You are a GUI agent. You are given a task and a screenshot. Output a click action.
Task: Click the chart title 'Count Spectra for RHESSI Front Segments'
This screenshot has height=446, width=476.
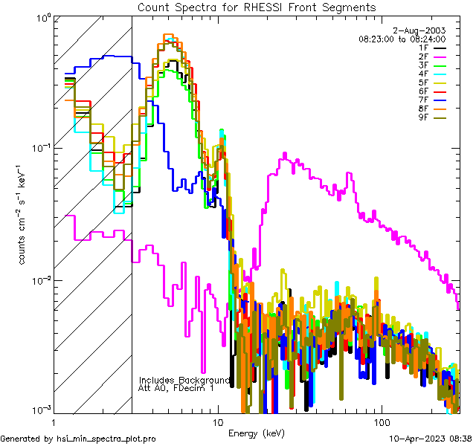[257, 7]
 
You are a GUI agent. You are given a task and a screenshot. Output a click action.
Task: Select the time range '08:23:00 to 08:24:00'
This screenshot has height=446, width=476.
[402, 39]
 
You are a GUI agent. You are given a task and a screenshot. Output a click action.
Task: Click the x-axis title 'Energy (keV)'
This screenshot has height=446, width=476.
[256, 433]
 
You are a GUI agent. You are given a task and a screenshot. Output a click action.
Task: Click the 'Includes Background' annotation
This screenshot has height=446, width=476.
[184, 380]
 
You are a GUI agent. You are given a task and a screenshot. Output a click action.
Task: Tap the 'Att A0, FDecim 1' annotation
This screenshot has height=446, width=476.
[176, 388]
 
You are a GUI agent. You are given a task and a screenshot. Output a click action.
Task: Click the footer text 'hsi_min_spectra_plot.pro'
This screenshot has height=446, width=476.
[106, 439]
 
